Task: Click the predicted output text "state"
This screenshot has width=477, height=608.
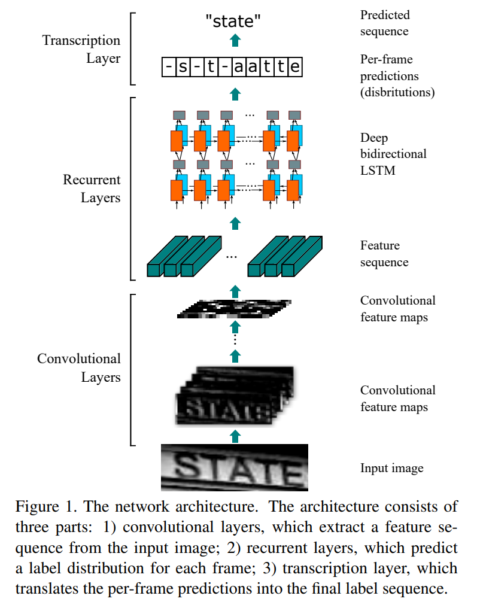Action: tap(233, 21)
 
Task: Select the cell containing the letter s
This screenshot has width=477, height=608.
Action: tap(183, 67)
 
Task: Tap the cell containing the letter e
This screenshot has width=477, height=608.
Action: tap(294, 67)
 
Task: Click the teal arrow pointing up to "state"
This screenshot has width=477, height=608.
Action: tap(235, 40)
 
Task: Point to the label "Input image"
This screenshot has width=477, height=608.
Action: tap(391, 468)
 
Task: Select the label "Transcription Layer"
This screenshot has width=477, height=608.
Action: tap(81, 49)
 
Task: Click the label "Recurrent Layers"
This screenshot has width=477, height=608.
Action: tap(92, 189)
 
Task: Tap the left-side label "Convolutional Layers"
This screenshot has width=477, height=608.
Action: tap(79, 367)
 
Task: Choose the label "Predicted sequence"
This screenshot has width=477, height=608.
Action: tap(385, 23)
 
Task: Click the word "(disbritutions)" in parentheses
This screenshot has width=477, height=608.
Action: tap(397, 92)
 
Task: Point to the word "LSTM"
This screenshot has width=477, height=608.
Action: tap(378, 170)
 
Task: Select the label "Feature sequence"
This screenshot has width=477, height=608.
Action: tap(384, 254)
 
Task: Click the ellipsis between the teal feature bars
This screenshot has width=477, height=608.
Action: tap(232, 257)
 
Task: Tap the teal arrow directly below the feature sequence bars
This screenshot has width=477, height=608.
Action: tap(235, 291)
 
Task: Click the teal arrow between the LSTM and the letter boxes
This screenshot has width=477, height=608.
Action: tap(235, 94)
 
